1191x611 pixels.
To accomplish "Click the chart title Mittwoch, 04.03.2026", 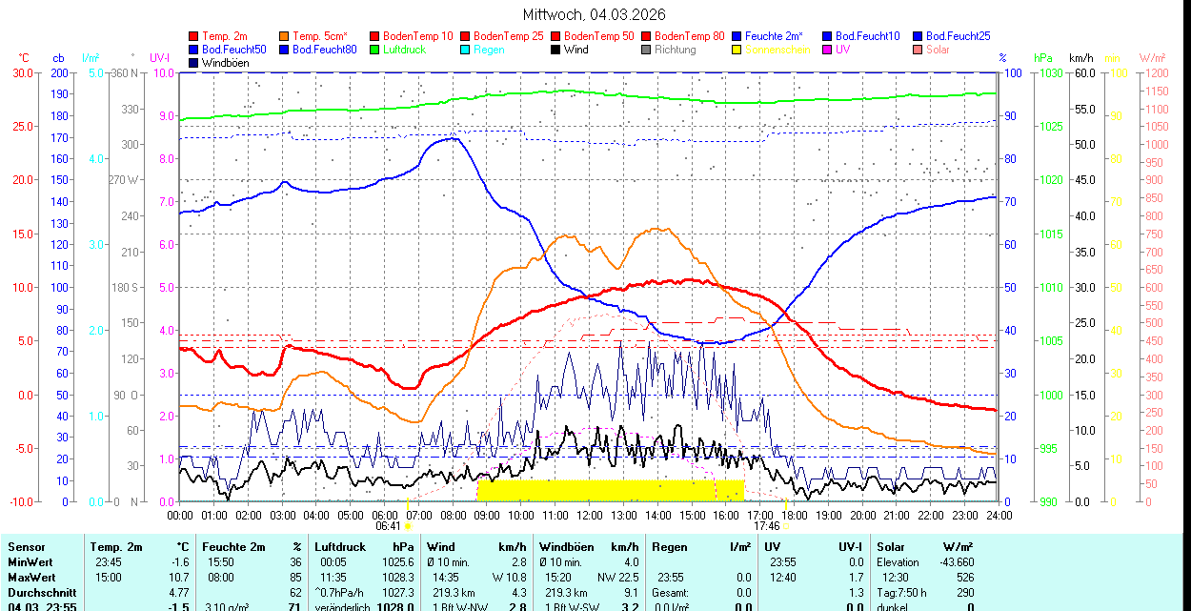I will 595,14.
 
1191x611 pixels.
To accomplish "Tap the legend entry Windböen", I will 225,63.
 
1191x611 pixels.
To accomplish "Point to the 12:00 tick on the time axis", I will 590,515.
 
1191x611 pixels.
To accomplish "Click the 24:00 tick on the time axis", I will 999,515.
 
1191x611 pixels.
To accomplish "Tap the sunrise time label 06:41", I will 387,525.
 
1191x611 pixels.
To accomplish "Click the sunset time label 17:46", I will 766,525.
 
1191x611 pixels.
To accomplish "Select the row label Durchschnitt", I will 38,592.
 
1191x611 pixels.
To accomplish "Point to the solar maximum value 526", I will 964,577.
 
